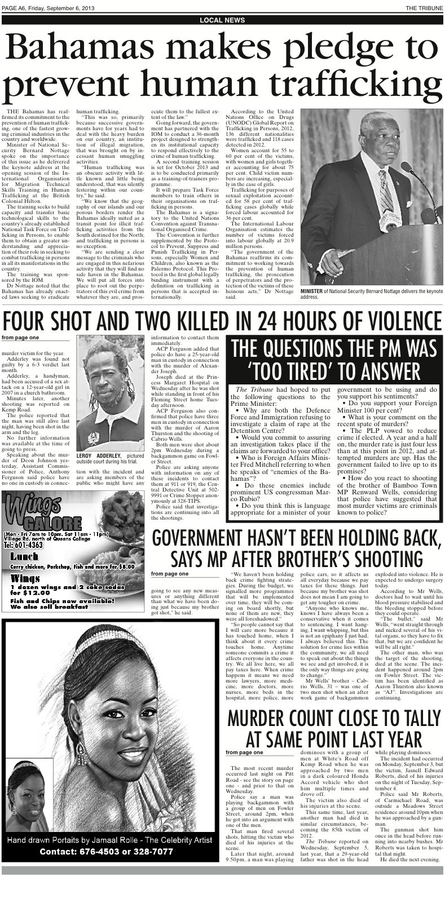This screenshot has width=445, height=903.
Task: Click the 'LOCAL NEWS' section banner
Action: click(x=222, y=20)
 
